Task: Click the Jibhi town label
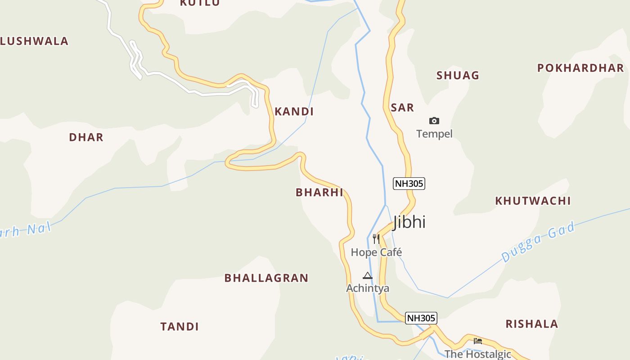tap(409, 222)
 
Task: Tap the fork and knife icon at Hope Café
tap(376, 239)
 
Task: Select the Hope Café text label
tap(376, 252)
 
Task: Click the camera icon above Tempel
tap(434, 121)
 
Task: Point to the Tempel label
tap(434, 134)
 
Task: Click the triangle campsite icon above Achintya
tap(368, 275)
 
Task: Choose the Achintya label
tap(368, 288)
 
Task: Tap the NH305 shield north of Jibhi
tap(409, 184)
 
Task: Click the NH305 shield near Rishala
tap(421, 318)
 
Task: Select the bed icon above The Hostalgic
tap(478, 341)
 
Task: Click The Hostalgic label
tap(478, 354)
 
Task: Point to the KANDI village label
tap(294, 112)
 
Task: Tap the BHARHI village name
tap(319, 193)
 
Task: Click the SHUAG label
tap(458, 75)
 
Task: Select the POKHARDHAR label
tap(580, 68)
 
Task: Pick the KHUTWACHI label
tap(533, 201)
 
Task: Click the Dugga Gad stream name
tap(538, 242)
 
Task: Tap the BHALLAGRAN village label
tap(266, 278)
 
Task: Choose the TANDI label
tap(180, 326)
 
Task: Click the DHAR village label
tap(86, 137)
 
